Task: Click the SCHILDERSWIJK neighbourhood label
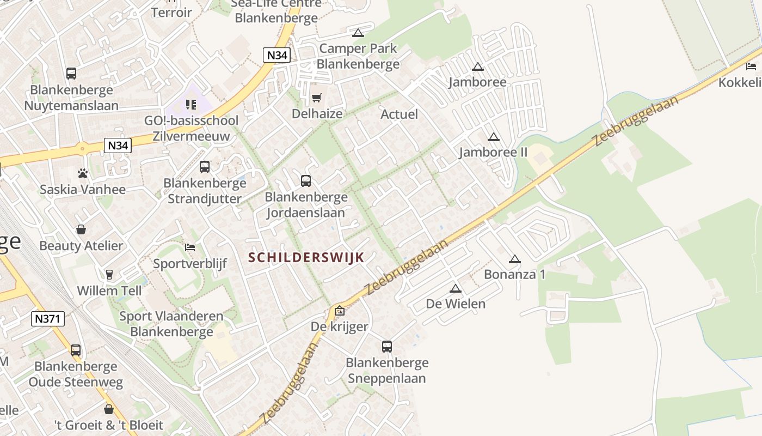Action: (x=306, y=258)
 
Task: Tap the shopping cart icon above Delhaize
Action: (x=317, y=98)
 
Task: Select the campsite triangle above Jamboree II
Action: (x=494, y=137)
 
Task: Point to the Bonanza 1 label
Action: (x=514, y=274)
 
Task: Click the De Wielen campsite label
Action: (x=456, y=304)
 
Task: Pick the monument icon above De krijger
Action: (x=340, y=311)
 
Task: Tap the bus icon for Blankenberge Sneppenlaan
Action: (x=386, y=347)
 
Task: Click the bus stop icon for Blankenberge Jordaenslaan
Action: (x=306, y=181)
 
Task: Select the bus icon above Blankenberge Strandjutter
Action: (x=205, y=167)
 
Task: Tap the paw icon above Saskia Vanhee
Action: (x=83, y=174)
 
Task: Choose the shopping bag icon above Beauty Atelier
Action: (x=81, y=229)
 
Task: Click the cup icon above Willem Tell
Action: (x=109, y=274)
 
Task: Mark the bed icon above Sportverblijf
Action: (x=190, y=247)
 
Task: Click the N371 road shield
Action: (x=48, y=319)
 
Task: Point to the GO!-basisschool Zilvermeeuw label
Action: (x=191, y=128)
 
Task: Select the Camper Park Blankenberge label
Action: (x=358, y=56)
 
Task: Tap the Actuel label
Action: (x=399, y=114)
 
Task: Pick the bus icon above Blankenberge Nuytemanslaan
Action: (x=71, y=74)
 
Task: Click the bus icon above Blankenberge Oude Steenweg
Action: (x=76, y=350)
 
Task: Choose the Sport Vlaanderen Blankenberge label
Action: (x=171, y=324)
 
